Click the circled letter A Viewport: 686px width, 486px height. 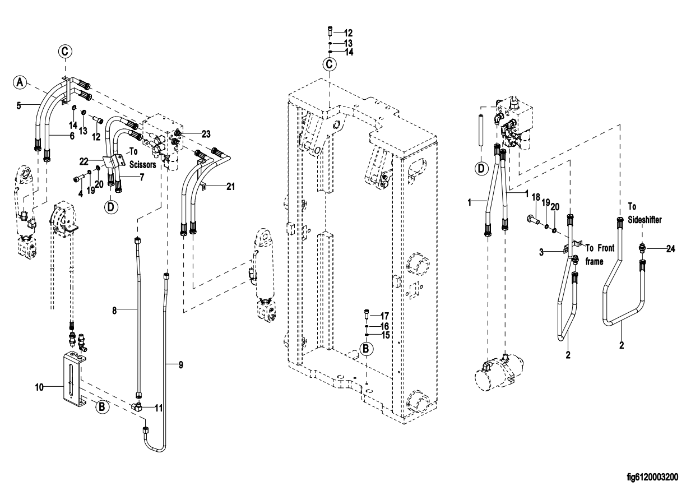20,82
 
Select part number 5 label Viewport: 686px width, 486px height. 19,106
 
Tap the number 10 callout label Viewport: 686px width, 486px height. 39,387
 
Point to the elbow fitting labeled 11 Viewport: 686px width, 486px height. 137,407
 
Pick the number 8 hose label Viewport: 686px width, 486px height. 114,311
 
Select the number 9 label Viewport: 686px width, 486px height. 181,365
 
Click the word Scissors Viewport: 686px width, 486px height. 143,165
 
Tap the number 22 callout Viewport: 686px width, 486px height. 84,161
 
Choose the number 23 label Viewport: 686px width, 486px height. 206,134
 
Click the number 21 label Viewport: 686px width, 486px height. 230,186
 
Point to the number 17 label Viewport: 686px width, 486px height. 384,316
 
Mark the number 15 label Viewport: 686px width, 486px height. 385,335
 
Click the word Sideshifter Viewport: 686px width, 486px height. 645,220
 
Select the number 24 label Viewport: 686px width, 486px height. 671,249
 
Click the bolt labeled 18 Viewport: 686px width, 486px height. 533,219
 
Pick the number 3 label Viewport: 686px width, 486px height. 541,252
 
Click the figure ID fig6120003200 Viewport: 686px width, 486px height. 652,477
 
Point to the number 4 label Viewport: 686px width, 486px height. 81,193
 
